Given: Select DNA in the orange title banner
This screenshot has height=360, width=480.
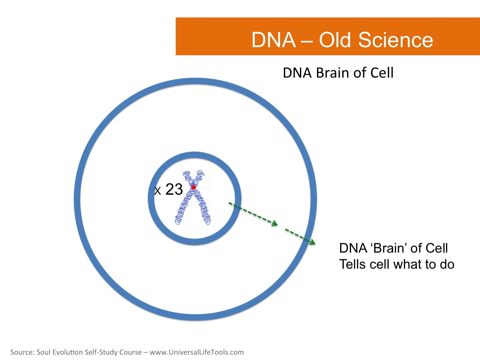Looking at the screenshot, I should [x=273, y=40].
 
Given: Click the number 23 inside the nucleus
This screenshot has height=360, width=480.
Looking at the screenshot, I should [x=174, y=189].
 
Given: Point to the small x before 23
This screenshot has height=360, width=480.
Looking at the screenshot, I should [x=158, y=191].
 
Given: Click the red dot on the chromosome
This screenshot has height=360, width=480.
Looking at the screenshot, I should [x=193, y=187].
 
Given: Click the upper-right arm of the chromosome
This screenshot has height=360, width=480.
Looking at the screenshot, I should [x=199, y=177].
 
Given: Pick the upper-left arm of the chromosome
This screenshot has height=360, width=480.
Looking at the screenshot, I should [x=187, y=177].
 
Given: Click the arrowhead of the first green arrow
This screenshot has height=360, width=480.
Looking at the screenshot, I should [x=275, y=223].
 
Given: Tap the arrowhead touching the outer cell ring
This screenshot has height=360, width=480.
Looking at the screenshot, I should [x=312, y=242].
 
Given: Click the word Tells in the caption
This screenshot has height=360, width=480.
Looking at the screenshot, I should [x=351, y=264].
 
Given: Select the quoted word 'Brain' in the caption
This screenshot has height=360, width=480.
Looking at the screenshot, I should [x=389, y=248].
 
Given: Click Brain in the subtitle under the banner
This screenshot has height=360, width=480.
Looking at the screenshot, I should [x=331, y=73].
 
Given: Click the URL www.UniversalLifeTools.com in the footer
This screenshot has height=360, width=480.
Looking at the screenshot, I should [x=196, y=352].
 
